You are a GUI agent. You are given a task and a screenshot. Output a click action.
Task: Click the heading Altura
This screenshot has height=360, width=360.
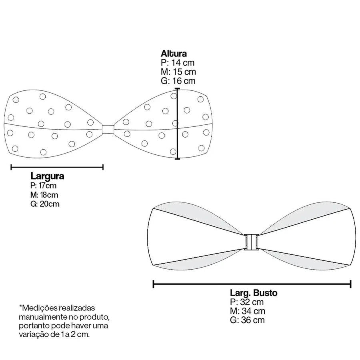174,54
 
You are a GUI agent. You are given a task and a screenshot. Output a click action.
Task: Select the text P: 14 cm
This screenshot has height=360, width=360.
178,63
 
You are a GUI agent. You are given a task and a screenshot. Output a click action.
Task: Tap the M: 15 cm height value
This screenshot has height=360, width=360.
178,72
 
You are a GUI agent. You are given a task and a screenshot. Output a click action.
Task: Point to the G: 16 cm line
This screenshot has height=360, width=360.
178,81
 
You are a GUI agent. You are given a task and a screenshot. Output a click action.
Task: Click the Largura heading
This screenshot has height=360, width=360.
47,176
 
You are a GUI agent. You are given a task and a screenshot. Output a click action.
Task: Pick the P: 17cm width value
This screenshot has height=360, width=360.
43,186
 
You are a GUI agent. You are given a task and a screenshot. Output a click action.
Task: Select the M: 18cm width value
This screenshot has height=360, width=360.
44,195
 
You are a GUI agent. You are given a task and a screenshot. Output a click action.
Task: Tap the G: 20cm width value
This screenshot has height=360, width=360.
45,204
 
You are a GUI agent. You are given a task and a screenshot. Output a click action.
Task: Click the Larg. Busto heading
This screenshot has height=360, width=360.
254,293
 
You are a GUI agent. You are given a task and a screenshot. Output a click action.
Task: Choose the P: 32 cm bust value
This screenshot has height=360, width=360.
247,302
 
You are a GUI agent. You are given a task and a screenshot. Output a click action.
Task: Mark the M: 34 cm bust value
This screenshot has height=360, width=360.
248,311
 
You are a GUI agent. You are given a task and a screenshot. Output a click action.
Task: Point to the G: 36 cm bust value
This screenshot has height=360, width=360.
248,320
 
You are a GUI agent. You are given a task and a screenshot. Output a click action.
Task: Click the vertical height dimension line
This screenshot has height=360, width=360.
177,124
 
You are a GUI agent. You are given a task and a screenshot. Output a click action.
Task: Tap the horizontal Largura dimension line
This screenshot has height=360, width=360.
57,167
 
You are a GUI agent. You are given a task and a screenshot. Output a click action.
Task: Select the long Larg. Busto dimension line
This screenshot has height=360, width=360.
252,284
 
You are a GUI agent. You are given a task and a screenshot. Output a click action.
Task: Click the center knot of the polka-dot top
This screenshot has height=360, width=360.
108,130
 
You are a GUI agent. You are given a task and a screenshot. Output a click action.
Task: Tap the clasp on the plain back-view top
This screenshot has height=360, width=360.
252,242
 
